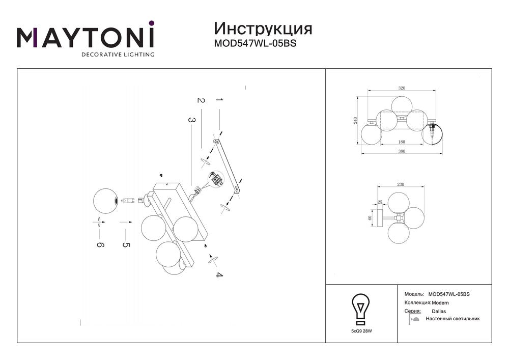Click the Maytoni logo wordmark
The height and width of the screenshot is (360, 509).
pyautogui.click(x=86, y=39)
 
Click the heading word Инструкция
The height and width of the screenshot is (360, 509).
pyautogui.click(x=263, y=29)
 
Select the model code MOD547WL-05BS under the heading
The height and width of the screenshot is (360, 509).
pyautogui.click(x=255, y=43)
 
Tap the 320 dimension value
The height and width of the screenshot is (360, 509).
pyautogui.click(x=402, y=88)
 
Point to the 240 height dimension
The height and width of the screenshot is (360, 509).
pyautogui.click(x=355, y=121)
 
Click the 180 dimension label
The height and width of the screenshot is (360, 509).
pyautogui.click(x=402, y=142)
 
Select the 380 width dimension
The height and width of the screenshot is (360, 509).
pyautogui.click(x=402, y=151)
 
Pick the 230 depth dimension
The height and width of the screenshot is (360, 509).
pyautogui.click(x=401, y=184)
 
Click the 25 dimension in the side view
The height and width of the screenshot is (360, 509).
pyautogui.click(x=380, y=202)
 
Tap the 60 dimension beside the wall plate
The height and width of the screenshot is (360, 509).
pyautogui.click(x=370, y=218)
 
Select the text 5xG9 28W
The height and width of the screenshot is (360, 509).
pyautogui.click(x=361, y=331)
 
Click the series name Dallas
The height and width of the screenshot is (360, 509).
pyautogui.click(x=439, y=311)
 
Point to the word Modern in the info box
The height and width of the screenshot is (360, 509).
pyautogui.click(x=440, y=303)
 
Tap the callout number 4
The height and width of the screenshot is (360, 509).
pyautogui.click(x=219, y=275)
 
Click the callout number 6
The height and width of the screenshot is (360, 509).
pyautogui.click(x=100, y=245)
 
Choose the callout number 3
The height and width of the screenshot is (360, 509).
pyautogui.click(x=192, y=120)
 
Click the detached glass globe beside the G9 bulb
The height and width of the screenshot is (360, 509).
pyautogui.click(x=105, y=201)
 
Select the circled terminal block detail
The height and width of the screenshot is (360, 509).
pyautogui.click(x=216, y=179)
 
